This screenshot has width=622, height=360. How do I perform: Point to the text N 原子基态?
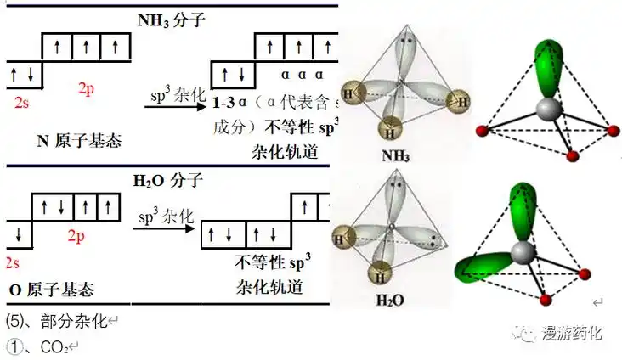[78, 140]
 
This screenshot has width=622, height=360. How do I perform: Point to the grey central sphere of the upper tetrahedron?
[547, 109]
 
